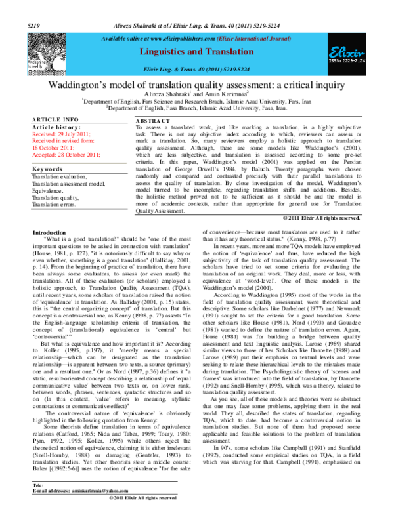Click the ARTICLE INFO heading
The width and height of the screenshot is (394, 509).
pyautogui.click(x=55, y=119)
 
